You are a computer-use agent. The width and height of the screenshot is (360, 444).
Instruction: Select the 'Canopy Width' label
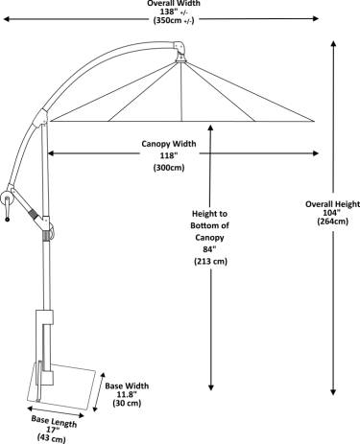[169, 144]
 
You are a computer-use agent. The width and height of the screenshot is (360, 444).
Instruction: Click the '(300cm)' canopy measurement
[169, 168]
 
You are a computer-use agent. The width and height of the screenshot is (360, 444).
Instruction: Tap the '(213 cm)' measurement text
[209, 262]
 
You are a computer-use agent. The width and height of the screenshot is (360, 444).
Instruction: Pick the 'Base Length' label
[53, 422]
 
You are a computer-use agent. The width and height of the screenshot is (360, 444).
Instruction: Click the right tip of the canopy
[317, 121]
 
